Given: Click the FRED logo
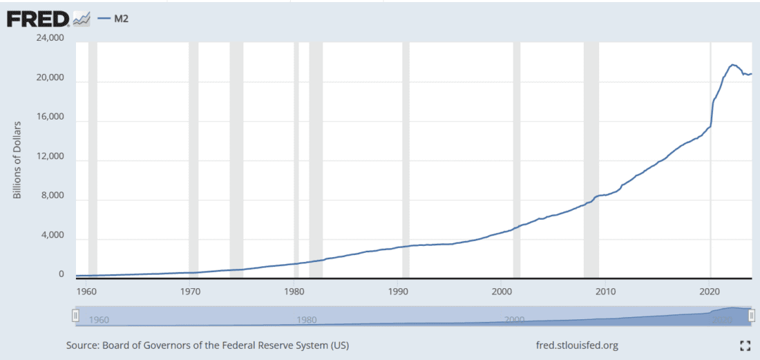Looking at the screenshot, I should click(37, 18).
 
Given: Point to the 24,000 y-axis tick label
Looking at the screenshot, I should click(50, 38).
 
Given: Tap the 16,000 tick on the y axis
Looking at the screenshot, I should click(50, 117).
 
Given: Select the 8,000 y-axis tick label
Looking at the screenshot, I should click(53, 196).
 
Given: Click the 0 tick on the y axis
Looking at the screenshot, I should click(61, 274).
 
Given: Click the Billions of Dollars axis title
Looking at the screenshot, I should click(17, 160).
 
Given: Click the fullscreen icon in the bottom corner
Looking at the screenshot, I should click(745, 345).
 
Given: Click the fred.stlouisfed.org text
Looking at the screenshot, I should click(577, 345).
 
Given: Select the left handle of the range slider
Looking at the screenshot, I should click(75, 316).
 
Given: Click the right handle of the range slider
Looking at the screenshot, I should click(752, 316).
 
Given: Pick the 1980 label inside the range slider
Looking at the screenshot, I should click(306, 320).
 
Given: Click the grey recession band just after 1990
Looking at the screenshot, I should click(406, 159).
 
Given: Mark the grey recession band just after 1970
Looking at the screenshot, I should click(193, 159).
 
